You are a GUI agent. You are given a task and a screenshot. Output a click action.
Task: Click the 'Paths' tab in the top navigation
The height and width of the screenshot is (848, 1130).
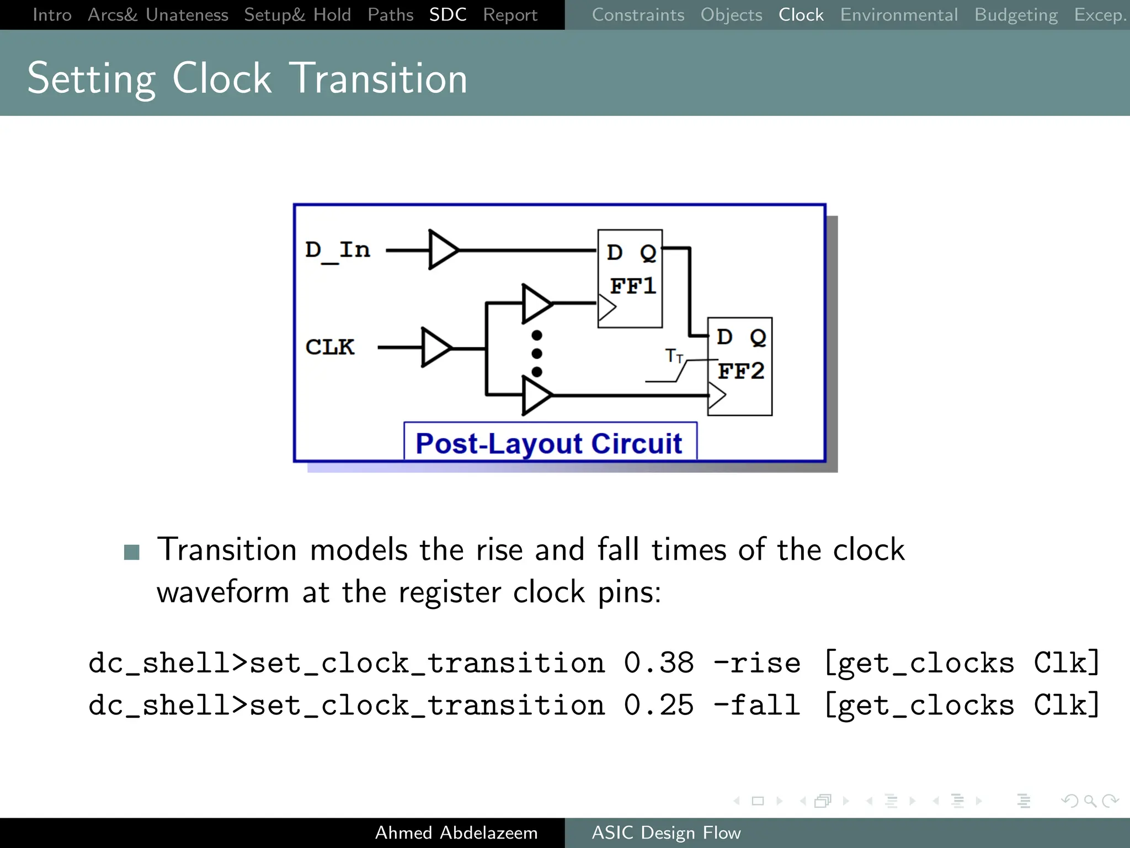click(390, 15)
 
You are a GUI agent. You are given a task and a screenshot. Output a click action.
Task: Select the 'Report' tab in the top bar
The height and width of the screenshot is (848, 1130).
click(510, 15)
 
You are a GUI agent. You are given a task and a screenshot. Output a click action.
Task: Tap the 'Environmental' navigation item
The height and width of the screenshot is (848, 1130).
click(899, 15)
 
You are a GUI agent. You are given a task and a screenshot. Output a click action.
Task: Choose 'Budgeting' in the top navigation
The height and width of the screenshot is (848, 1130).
click(1016, 15)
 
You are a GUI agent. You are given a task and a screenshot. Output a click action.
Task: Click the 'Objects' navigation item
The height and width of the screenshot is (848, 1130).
click(731, 15)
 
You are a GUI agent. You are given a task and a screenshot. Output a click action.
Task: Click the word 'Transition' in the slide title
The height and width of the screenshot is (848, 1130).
click(379, 78)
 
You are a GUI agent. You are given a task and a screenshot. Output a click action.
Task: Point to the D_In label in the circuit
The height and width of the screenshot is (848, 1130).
click(338, 251)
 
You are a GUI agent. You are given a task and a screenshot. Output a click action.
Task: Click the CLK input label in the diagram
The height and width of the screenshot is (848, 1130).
click(330, 347)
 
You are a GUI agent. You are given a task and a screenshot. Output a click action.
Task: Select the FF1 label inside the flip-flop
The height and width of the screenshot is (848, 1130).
click(632, 286)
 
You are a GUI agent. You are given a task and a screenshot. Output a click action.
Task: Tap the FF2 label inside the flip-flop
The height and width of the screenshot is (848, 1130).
click(740, 371)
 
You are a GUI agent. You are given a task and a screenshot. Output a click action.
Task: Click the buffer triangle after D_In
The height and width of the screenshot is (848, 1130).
click(443, 250)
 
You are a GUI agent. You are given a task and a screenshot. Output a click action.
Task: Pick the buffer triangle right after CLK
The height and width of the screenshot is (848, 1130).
click(435, 348)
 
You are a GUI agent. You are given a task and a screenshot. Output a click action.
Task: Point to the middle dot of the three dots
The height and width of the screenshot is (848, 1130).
click(537, 353)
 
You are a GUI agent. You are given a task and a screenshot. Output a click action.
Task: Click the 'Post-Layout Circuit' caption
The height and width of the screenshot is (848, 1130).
click(549, 443)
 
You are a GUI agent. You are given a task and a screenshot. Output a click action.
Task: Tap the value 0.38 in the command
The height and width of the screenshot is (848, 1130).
click(659, 662)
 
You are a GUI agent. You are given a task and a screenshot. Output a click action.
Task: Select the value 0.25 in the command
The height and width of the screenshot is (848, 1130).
click(659, 705)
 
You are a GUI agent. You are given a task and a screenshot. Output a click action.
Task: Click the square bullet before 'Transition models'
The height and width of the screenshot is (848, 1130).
click(132, 552)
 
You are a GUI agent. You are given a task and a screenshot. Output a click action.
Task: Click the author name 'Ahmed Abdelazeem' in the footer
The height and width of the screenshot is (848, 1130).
click(456, 833)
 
